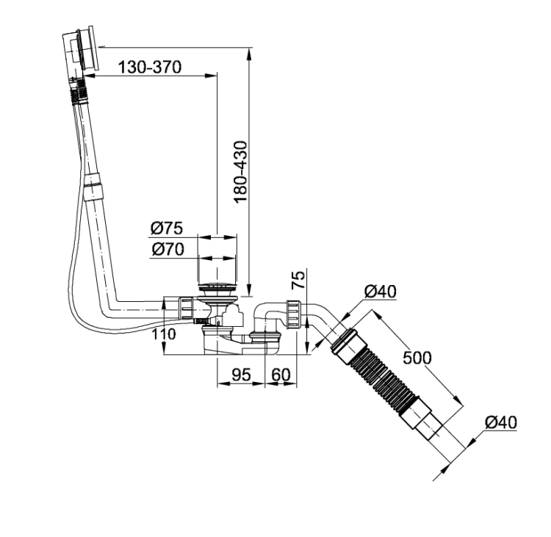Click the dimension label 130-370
point(149,67)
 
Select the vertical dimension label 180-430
point(241,172)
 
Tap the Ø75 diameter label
point(167,228)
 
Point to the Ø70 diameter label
point(168,249)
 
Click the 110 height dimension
point(164,334)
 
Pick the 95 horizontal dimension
point(242,375)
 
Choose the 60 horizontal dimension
point(281,375)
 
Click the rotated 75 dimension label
point(299,279)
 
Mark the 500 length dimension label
point(417,358)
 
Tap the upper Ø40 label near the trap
point(381,292)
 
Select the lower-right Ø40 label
point(501,422)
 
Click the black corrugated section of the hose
point(382,375)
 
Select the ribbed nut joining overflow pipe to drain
point(187,309)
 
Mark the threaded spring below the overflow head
point(79,91)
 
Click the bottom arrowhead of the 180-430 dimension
point(249,290)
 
